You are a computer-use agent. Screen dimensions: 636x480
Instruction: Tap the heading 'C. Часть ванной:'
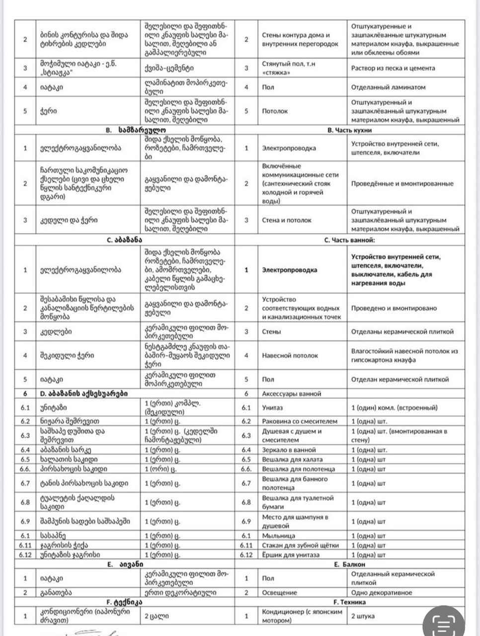pos(349,239)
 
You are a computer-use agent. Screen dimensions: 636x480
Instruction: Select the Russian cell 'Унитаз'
pos(272,407)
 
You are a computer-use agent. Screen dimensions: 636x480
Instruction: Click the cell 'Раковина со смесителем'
pos(300,421)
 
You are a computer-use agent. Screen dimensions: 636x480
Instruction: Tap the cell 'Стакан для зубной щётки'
pos(301,545)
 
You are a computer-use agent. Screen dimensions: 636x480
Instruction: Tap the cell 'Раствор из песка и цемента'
pos(393,68)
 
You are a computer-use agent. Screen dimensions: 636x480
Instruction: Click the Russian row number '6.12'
pos(246,555)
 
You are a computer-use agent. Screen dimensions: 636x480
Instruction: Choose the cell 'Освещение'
pos(279,592)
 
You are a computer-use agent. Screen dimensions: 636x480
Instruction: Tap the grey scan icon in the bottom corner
pos(447,626)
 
